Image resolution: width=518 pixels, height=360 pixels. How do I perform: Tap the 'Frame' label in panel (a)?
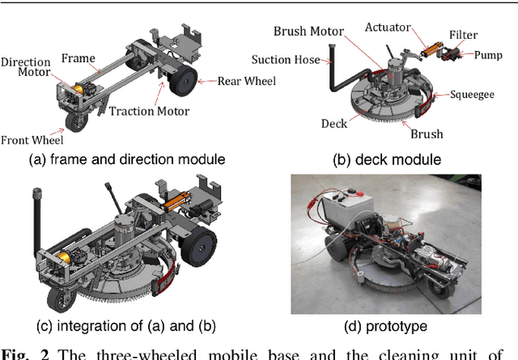pyautogui.click(x=79, y=58)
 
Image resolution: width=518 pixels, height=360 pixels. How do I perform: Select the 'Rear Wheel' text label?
pyautogui.click(x=246, y=80)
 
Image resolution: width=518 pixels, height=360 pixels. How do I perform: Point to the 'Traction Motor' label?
pyautogui.click(x=149, y=112)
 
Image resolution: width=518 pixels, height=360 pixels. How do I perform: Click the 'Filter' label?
pyautogui.click(x=463, y=35)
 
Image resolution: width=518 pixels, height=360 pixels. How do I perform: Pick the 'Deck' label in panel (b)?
pyautogui.click(x=333, y=124)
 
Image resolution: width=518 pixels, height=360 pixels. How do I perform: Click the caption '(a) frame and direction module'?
pyautogui.click(x=127, y=159)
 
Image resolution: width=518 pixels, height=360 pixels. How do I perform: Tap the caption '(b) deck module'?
pyautogui.click(x=387, y=159)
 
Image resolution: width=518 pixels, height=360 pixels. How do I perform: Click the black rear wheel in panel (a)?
pyautogui.click(x=186, y=82)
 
